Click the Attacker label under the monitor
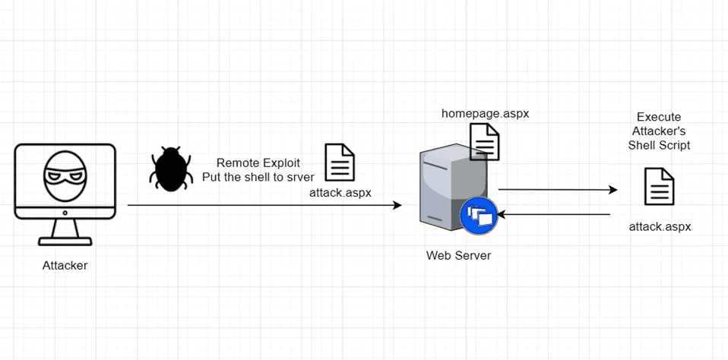[65, 265]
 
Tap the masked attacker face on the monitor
[65, 176]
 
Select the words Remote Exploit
[258, 163]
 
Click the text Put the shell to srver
[258, 177]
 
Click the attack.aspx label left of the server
[340, 192]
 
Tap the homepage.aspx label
[485, 113]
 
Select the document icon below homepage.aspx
[485, 141]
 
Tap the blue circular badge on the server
[479, 216]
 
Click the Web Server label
[458, 255]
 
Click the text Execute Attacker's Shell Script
[659, 131]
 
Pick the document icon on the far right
[659, 187]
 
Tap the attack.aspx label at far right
[660, 226]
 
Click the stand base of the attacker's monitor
[65, 240]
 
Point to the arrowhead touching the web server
[397, 205]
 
